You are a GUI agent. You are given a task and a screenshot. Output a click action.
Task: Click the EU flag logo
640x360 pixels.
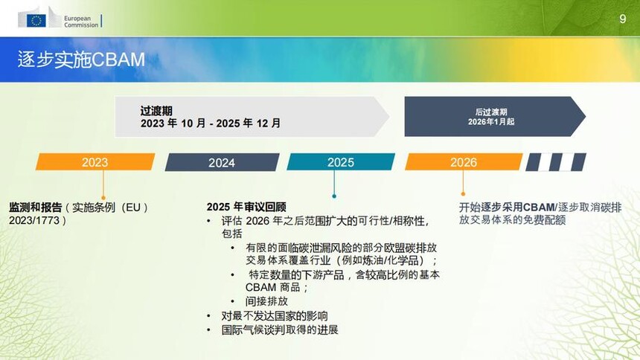click(x=36, y=20)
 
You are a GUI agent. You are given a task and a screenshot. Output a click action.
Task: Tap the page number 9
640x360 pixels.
click(x=622, y=19)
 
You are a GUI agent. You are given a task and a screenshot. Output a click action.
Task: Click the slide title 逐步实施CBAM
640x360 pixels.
click(x=81, y=60)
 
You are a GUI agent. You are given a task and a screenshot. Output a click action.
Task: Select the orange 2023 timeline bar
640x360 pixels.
click(x=95, y=162)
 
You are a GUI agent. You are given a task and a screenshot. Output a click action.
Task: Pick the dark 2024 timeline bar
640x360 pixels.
click(x=222, y=162)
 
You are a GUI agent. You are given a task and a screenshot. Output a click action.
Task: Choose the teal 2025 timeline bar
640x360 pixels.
click(x=341, y=162)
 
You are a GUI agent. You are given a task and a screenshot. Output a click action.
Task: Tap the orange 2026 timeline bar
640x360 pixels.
click(x=464, y=162)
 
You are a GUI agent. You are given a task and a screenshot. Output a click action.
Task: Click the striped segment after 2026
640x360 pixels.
click(x=556, y=162)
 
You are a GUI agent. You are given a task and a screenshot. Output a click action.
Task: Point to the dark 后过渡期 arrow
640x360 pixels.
click(x=495, y=117)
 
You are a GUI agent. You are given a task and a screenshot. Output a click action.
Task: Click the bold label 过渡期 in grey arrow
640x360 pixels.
click(x=156, y=111)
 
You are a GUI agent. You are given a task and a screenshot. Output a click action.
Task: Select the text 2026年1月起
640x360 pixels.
click(x=491, y=122)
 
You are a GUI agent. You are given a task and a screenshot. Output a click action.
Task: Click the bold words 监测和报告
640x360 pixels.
click(x=36, y=208)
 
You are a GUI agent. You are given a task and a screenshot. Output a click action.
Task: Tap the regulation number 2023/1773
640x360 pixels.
click(x=34, y=220)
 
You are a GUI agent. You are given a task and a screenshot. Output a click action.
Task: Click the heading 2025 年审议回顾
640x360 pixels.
click(x=246, y=207)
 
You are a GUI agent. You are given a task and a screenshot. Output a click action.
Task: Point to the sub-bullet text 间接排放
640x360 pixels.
click(x=266, y=301)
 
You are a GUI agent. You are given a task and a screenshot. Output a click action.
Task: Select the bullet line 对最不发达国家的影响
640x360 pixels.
click(x=275, y=316)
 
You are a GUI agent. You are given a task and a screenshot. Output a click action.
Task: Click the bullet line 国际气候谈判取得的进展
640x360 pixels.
click(x=280, y=330)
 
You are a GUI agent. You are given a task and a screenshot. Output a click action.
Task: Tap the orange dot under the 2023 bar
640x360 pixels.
click(x=103, y=199)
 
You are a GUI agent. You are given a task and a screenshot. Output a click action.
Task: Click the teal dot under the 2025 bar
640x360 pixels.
click(x=334, y=196)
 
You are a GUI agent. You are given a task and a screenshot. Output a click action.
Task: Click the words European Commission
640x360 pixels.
click(x=81, y=22)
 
